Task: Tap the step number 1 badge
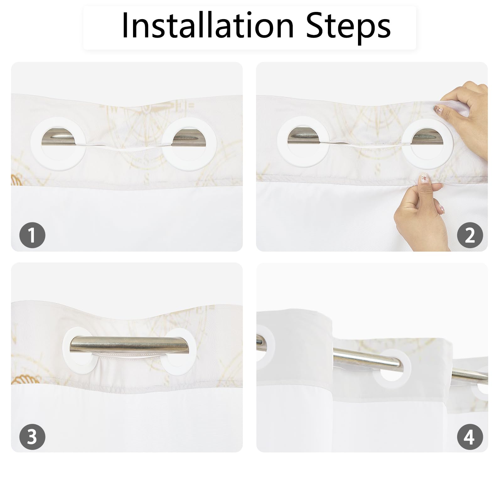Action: [x=32, y=235]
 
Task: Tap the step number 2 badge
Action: [x=470, y=235]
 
